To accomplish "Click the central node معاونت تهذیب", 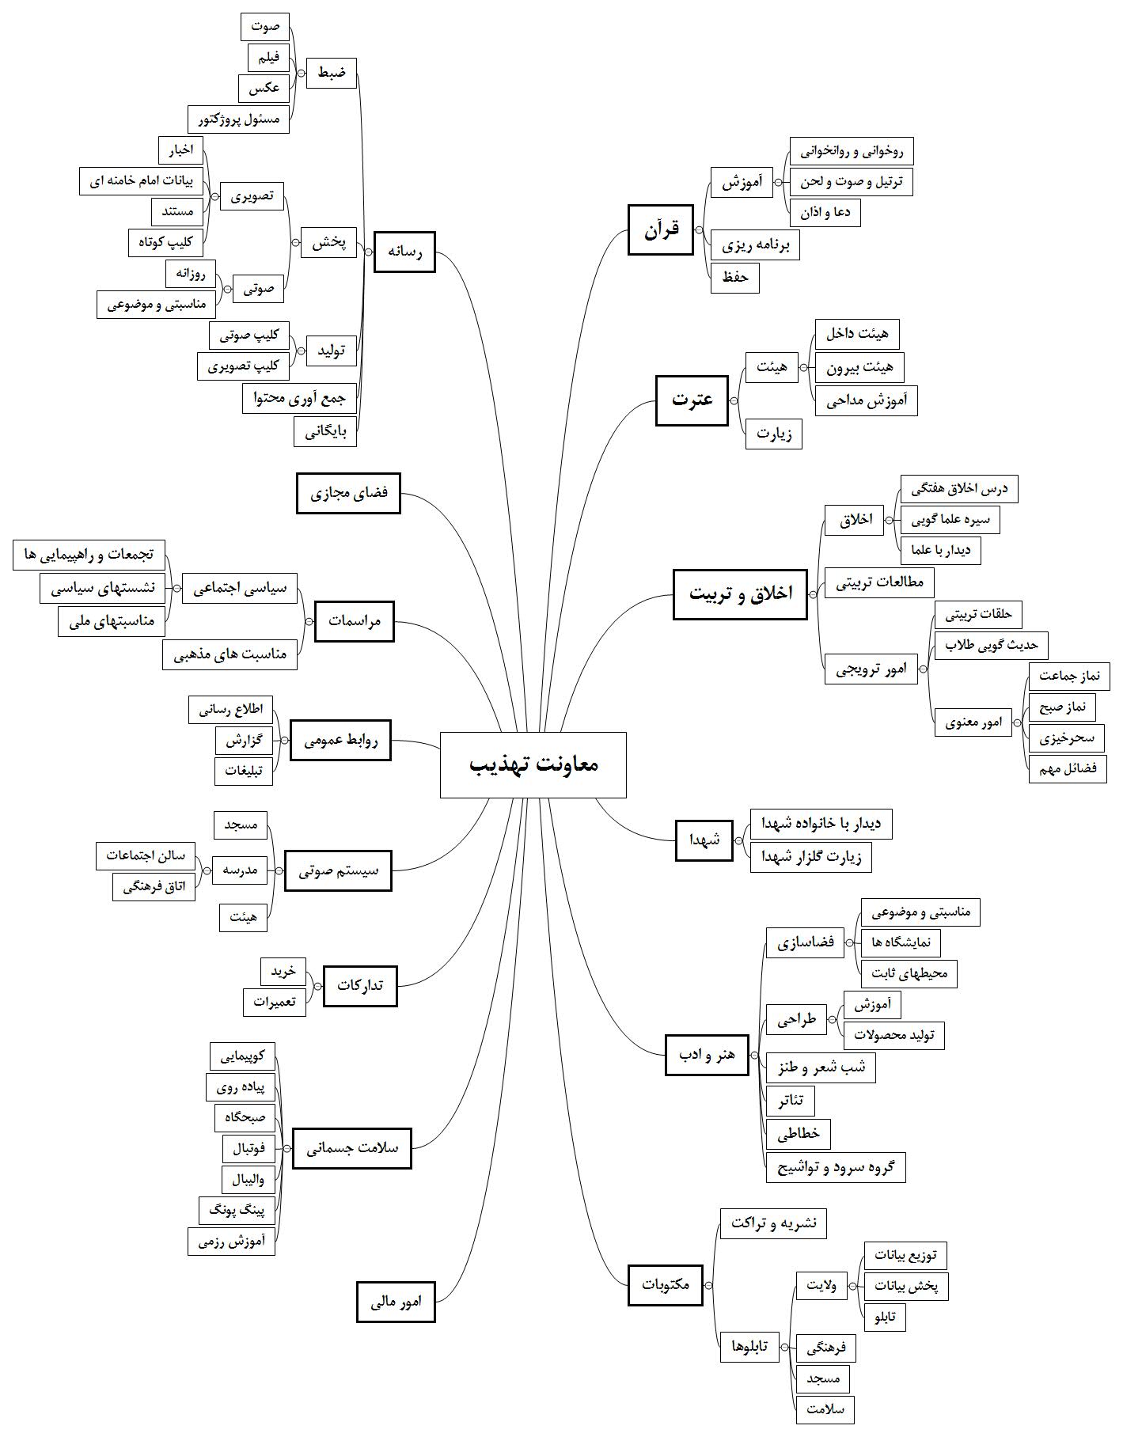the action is pyautogui.click(x=533, y=764).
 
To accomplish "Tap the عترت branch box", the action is pyautogui.click(x=692, y=400).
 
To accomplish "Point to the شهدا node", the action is pyautogui.click(x=704, y=840).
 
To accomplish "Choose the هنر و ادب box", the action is pyautogui.click(x=707, y=1055).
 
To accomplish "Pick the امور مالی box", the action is pyautogui.click(x=396, y=1302).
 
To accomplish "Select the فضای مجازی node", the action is pyautogui.click(x=348, y=493).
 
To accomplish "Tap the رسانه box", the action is pyautogui.click(x=404, y=252).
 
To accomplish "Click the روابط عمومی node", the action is pyautogui.click(x=340, y=741).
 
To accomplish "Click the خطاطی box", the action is pyautogui.click(x=799, y=1134).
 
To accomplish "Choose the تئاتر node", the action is pyautogui.click(x=791, y=1101).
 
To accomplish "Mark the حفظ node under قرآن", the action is pyautogui.click(x=735, y=279).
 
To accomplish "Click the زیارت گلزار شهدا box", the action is pyautogui.click(x=811, y=857).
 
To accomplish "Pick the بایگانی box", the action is pyautogui.click(x=326, y=432).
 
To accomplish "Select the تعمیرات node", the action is pyautogui.click(x=275, y=1002).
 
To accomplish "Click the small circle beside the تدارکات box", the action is pyautogui.click(x=318, y=986).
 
